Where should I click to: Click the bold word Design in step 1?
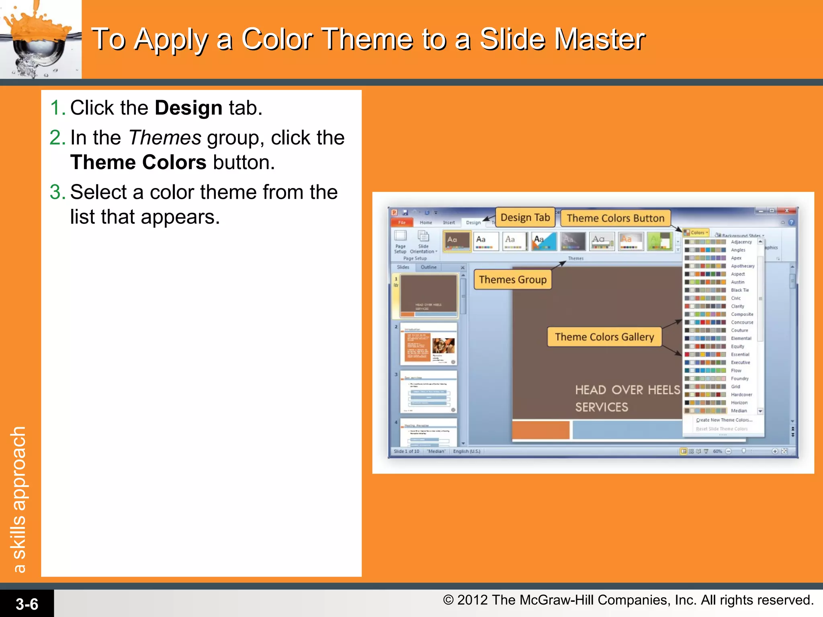click(x=188, y=108)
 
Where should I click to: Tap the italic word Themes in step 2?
click(x=165, y=138)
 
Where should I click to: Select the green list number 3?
click(x=57, y=192)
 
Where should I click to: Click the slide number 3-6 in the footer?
click(x=27, y=604)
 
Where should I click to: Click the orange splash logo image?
click(x=40, y=39)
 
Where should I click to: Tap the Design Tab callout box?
click(x=525, y=217)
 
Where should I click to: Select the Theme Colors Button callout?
click(x=615, y=218)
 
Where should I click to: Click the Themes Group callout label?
click(x=512, y=280)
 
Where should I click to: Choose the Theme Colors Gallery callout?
click(x=604, y=337)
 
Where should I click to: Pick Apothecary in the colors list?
click(x=742, y=266)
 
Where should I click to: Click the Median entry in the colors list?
click(x=739, y=411)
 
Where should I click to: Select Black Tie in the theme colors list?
click(x=739, y=290)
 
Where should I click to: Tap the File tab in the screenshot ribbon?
click(x=402, y=223)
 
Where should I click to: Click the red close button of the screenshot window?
click(x=786, y=210)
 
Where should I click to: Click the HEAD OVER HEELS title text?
click(x=627, y=390)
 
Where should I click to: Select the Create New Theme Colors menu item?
click(x=724, y=420)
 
